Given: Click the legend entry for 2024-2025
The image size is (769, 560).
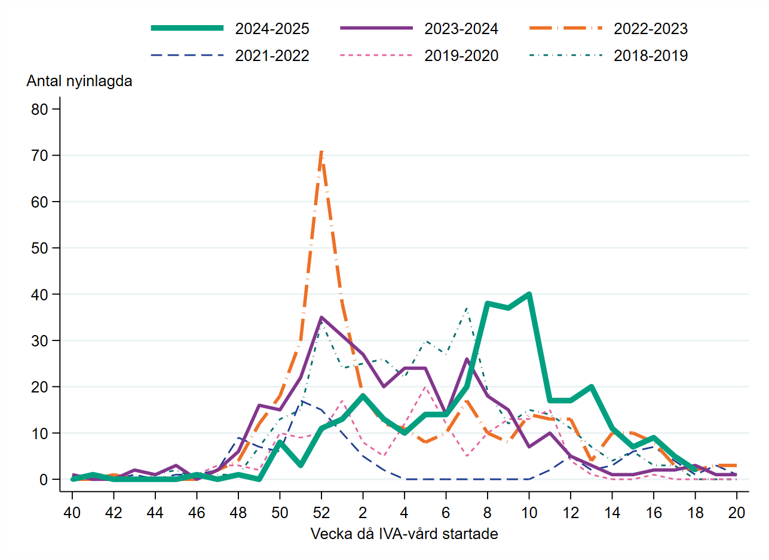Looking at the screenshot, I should (x=272, y=28).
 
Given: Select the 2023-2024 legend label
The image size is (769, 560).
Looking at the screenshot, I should (x=461, y=28).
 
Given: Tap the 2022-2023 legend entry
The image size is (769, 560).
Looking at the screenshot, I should (x=651, y=28).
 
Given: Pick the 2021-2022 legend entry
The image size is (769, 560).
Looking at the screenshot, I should (x=272, y=56).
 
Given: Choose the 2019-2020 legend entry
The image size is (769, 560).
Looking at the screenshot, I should (x=461, y=56).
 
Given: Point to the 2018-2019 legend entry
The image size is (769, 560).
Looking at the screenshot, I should (x=651, y=56).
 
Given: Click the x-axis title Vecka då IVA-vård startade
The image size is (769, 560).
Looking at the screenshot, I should (x=404, y=534).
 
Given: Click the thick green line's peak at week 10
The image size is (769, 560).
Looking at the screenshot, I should (x=529, y=294).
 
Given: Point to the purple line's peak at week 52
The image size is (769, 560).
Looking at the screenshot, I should (x=321, y=318).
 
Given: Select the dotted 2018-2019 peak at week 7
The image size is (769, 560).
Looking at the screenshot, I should (x=467, y=308).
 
